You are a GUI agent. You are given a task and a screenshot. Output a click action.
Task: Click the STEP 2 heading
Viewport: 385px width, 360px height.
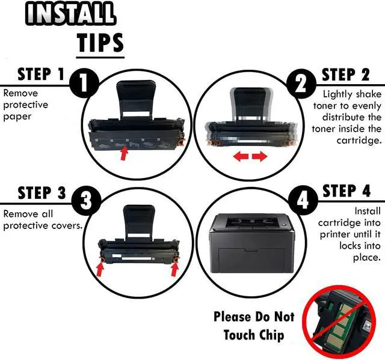coord(346,75)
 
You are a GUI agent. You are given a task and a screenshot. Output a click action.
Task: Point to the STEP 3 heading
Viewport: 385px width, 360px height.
coord(42,193)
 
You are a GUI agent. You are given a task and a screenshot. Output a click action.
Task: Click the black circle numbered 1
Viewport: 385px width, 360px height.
coord(87,87)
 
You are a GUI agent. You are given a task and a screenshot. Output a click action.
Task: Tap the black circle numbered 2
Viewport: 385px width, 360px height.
coord(300,86)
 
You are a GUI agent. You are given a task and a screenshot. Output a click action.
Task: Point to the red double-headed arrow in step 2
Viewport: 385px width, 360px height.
coord(250,157)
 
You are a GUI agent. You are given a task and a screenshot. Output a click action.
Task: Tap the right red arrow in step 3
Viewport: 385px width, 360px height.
coord(175,267)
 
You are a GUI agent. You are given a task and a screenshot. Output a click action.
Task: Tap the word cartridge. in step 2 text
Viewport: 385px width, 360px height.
coord(359,140)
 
